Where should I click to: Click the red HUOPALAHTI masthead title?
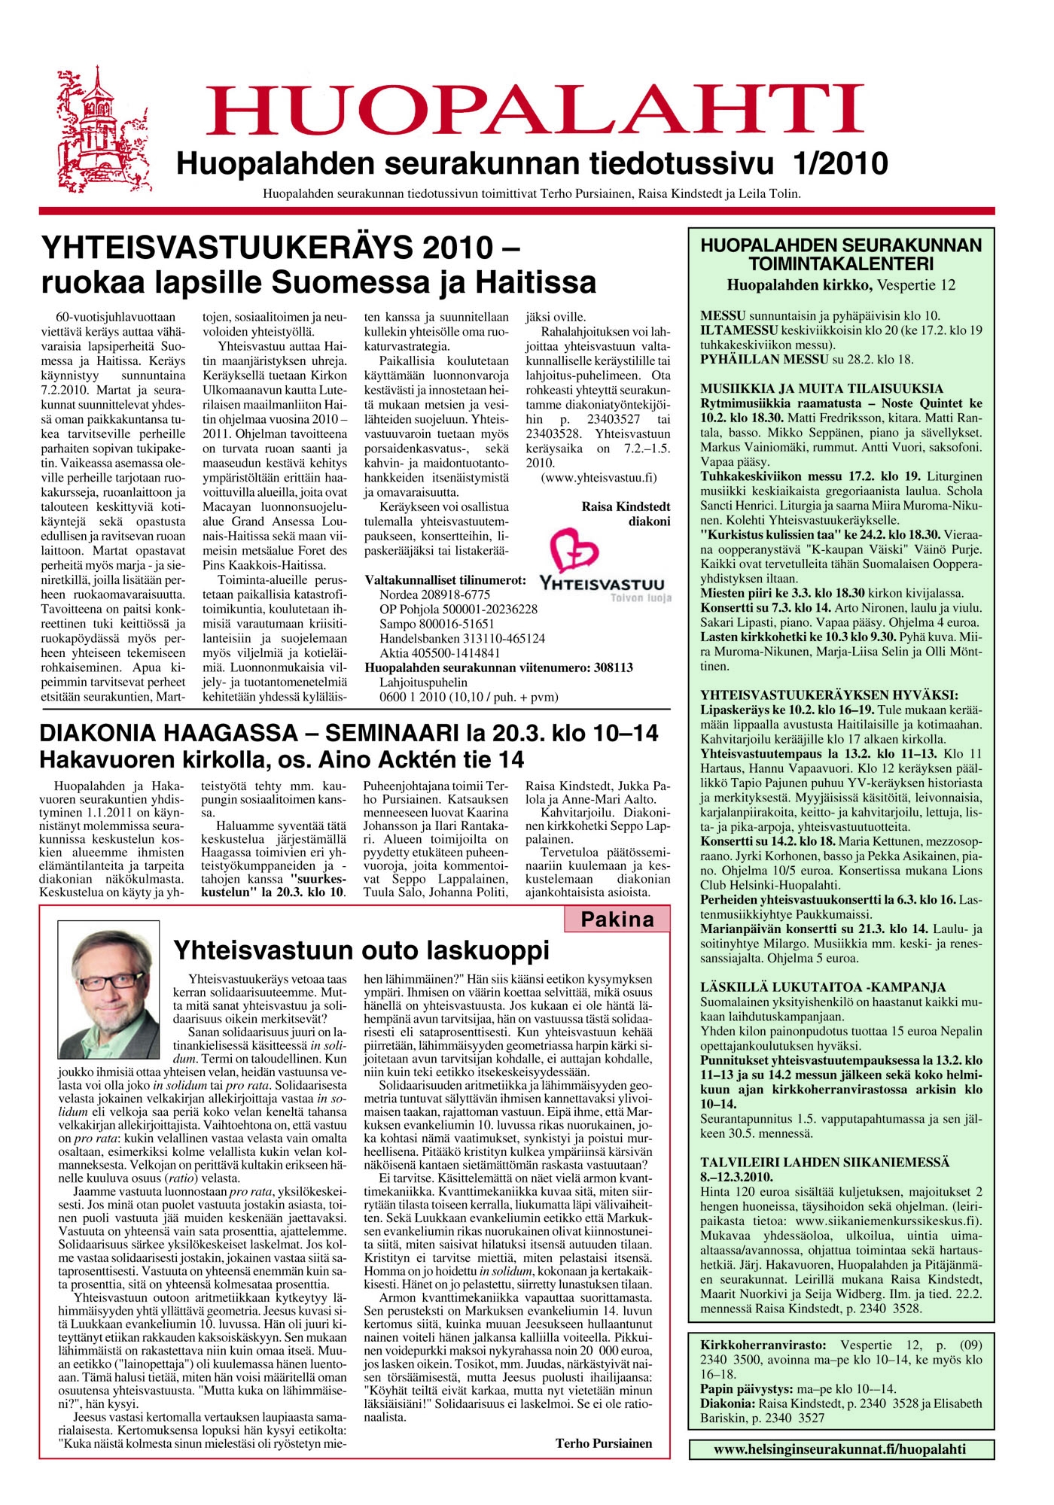pyautogui.click(x=535, y=110)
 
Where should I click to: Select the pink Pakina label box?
pyautogui.click(x=617, y=920)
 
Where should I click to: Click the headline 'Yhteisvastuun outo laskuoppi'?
pyautogui.click(x=361, y=950)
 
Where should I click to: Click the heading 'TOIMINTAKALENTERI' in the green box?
pyautogui.click(x=841, y=264)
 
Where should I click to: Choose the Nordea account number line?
pyautogui.click(x=434, y=594)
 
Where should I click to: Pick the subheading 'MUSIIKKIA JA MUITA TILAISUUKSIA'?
pyautogui.click(x=821, y=388)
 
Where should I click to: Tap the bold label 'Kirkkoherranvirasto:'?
pyautogui.click(x=763, y=1345)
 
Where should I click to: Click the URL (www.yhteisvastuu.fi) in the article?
pyautogui.click(x=599, y=477)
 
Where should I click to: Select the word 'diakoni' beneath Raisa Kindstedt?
pyautogui.click(x=649, y=521)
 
